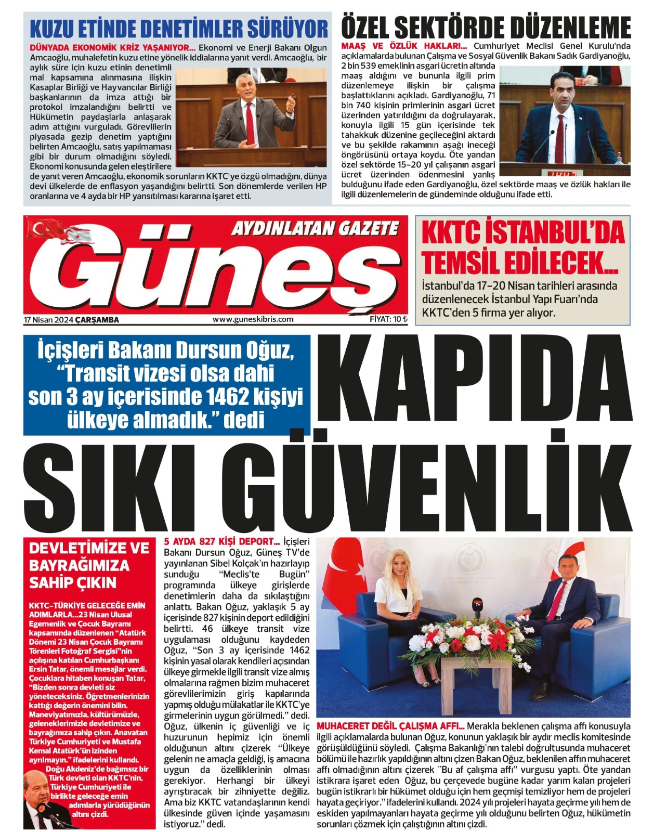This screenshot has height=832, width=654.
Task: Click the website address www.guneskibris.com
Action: pos(253,319)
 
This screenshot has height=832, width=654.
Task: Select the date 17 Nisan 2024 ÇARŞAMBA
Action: pos(71,320)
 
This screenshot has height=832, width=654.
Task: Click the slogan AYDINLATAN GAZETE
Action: pos(315,228)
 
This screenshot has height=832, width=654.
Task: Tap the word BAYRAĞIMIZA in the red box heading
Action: pos(79,565)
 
